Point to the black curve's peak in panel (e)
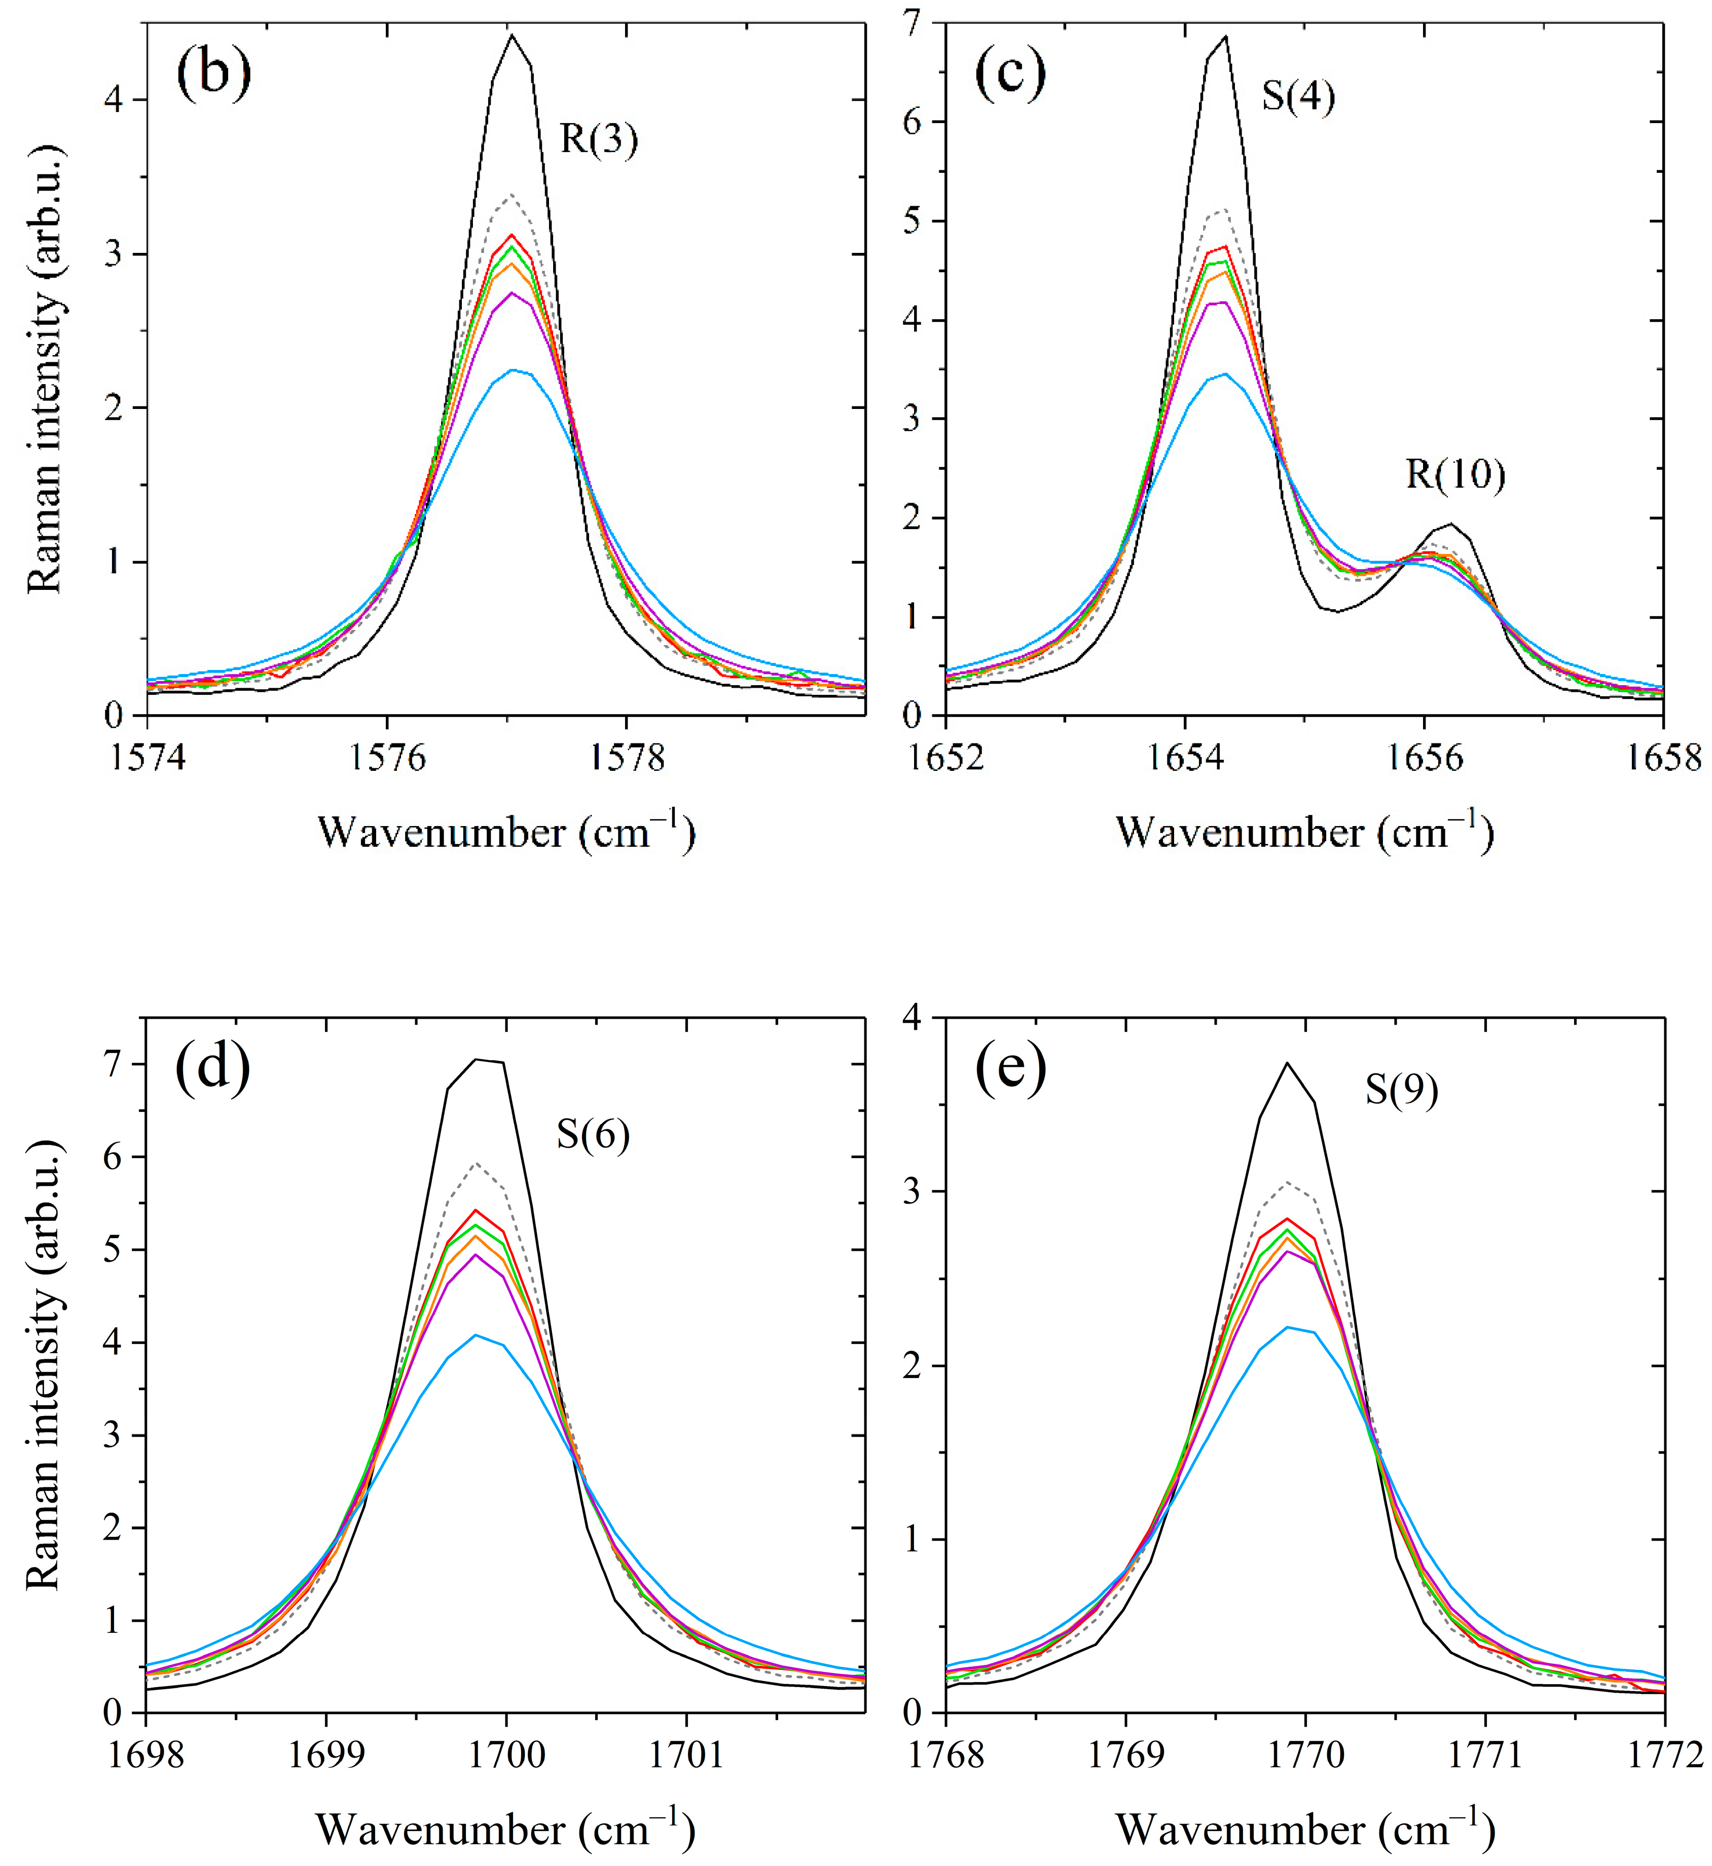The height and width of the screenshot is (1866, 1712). point(1287,1063)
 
